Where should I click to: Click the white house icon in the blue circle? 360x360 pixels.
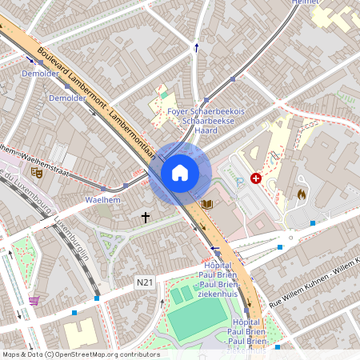coord(180,173)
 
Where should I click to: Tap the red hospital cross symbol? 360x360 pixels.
coord(256,178)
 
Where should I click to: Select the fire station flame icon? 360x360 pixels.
coord(302,194)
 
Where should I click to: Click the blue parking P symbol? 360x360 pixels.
coord(241,182)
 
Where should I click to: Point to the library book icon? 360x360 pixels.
coord(207,205)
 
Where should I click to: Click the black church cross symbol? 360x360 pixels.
coord(146,217)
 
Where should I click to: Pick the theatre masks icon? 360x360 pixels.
coord(36,171)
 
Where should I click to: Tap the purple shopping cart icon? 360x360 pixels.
coord(34,301)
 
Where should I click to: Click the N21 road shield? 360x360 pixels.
coord(144,282)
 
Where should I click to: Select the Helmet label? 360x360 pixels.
coord(305,3)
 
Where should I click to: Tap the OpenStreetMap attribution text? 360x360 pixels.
coord(80,354)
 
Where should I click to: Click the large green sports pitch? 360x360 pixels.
coord(197,320)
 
